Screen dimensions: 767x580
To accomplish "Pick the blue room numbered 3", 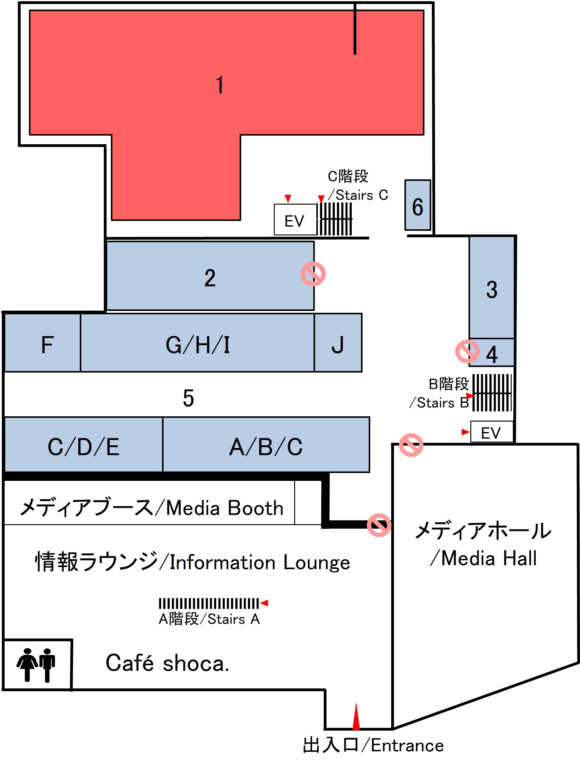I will [x=492, y=288].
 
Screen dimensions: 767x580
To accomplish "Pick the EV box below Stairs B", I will [x=492, y=432].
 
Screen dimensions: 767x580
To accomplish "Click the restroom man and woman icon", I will [x=36, y=664].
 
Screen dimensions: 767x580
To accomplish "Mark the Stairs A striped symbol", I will [x=209, y=603].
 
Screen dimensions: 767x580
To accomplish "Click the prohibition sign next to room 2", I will [x=313, y=274].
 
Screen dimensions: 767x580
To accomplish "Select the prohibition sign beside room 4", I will [x=467, y=352].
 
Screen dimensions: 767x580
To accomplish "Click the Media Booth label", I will [x=152, y=508].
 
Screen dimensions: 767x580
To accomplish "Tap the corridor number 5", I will [x=188, y=398].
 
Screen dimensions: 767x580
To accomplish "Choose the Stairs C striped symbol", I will [x=335, y=219].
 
